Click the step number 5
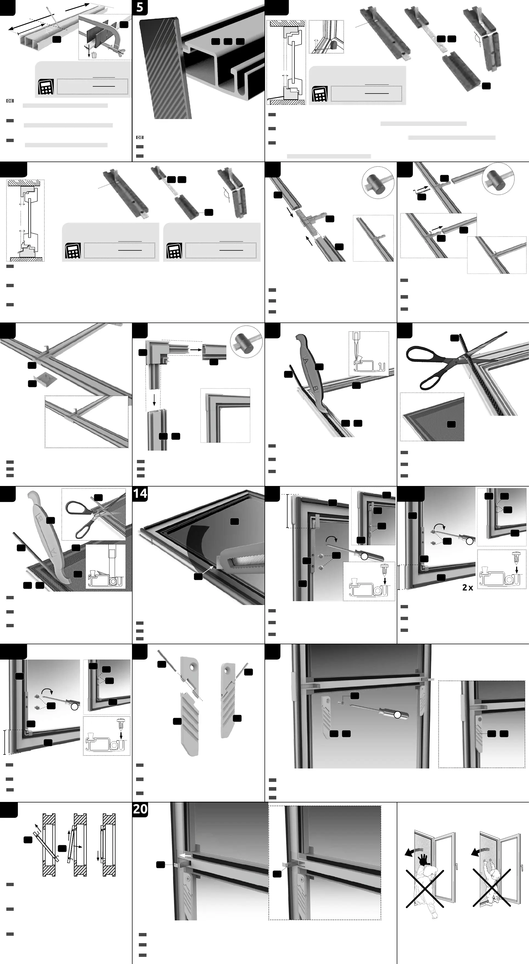(140, 7)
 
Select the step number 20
(140, 809)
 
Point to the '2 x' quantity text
(468, 587)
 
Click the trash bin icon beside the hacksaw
(94, 55)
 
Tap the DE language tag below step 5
(139, 137)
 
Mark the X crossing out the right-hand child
(492, 888)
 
